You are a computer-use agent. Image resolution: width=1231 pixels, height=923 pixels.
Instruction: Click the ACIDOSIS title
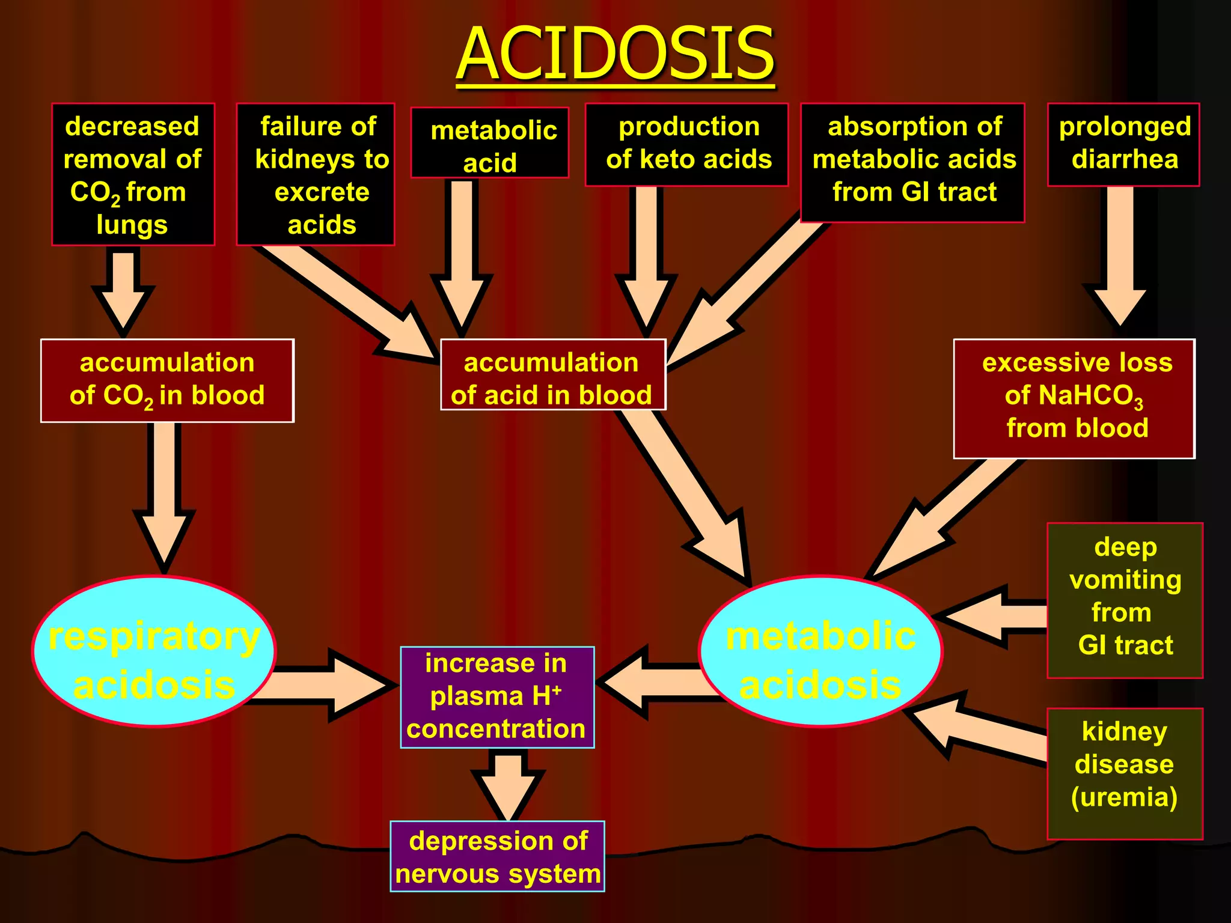(615, 54)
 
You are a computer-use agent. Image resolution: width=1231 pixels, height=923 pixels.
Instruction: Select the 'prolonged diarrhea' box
(1123, 144)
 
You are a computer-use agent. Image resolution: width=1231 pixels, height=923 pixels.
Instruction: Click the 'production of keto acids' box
(687, 144)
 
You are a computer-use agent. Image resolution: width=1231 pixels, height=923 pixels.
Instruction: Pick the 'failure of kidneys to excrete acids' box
(316, 174)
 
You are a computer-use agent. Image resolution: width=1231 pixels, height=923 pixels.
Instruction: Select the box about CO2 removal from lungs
(133, 174)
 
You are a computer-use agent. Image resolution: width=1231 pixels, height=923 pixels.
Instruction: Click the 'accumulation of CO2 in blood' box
(167, 380)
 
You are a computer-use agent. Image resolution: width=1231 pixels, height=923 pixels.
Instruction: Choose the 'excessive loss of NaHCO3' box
(1074, 398)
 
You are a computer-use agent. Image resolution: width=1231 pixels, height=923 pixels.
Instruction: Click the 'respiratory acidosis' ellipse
(154, 652)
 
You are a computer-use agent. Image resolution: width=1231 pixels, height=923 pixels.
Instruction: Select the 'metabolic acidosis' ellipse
(821, 652)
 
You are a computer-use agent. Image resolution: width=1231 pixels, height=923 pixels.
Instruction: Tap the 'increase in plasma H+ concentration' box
(497, 697)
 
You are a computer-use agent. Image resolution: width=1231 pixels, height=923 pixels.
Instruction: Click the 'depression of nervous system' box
(497, 856)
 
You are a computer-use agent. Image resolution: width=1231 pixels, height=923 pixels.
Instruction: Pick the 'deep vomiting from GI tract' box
(1125, 600)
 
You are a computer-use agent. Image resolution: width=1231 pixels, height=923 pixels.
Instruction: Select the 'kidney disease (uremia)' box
(1125, 773)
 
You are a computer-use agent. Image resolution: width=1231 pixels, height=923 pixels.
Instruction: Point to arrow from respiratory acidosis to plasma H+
(325, 685)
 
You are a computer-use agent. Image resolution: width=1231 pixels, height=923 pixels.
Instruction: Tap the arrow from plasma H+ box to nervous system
(509, 784)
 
